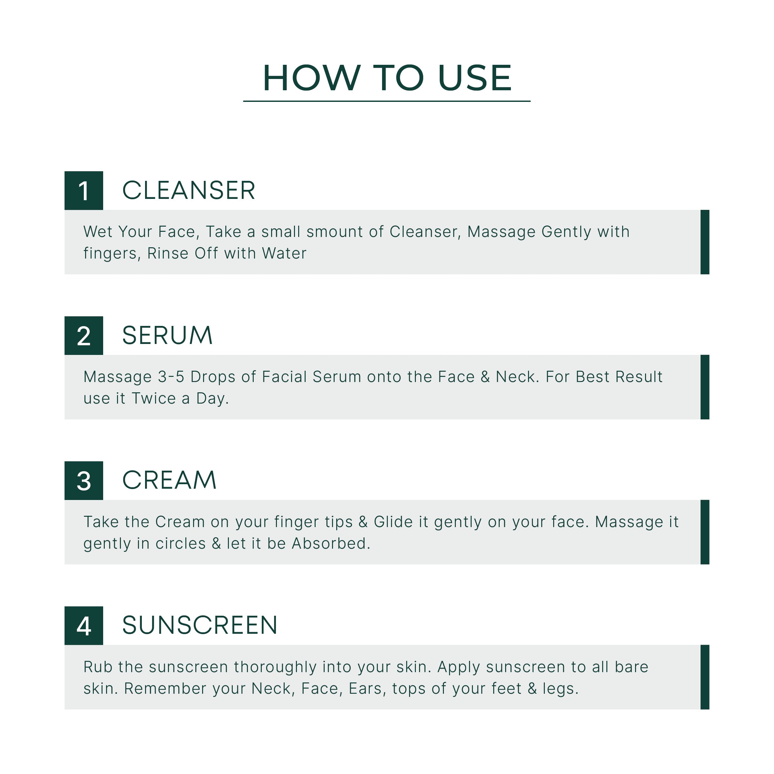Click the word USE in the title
475,78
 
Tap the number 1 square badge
84,191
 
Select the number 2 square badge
84,336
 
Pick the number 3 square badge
84,481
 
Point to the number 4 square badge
84,626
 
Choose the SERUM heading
167,335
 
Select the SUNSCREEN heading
200,625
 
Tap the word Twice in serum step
154,399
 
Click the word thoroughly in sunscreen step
275,667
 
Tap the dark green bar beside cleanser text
705,242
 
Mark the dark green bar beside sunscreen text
705,677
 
